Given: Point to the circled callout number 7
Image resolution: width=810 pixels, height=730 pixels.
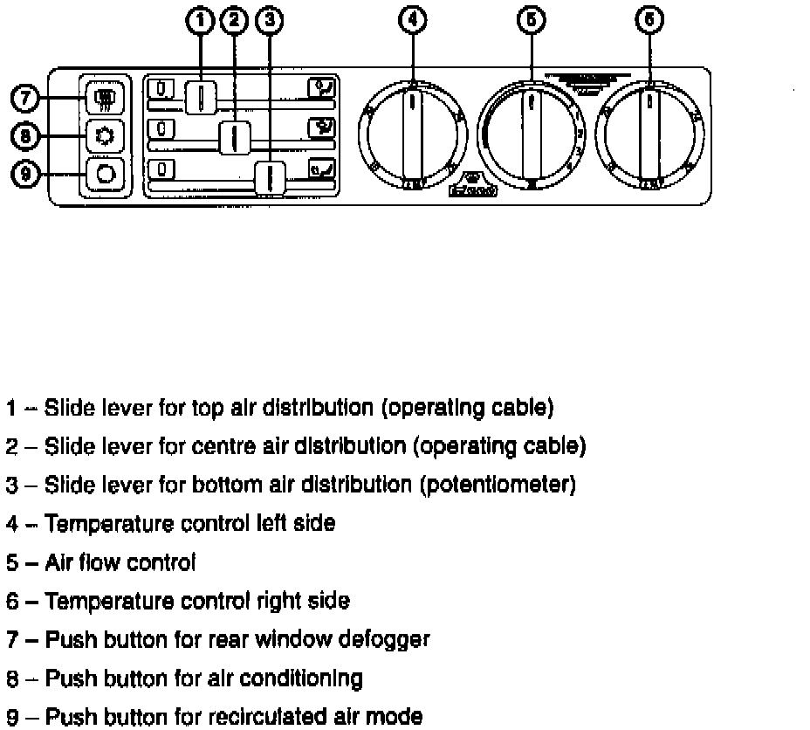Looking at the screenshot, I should [x=27, y=97].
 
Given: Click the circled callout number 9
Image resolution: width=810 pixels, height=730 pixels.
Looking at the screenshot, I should [x=27, y=174].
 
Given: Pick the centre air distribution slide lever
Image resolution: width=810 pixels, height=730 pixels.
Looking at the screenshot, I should [x=235, y=136].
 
